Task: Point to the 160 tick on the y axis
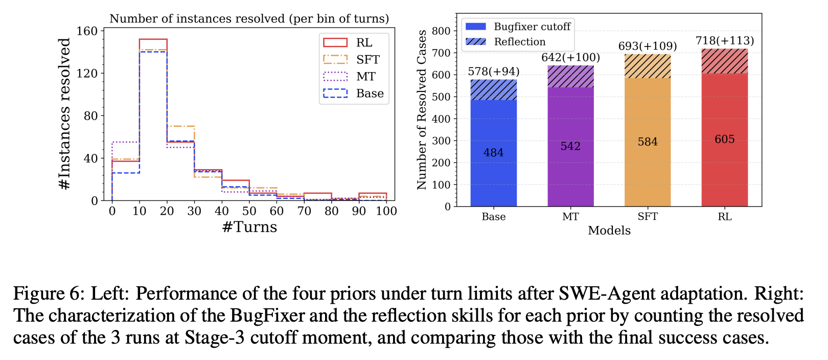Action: click(x=87, y=31)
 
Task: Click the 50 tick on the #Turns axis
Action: click(x=249, y=211)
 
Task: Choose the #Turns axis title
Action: click(x=249, y=227)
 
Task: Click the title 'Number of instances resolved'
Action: click(x=249, y=19)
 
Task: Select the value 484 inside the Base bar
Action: click(x=493, y=152)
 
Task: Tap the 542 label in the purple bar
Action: click(x=570, y=146)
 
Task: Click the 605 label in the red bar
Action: click(x=724, y=139)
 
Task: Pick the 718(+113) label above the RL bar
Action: click(x=724, y=40)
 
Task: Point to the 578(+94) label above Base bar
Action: click(x=493, y=72)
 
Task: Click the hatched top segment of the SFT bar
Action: click(x=648, y=66)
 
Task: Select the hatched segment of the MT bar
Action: click(x=570, y=77)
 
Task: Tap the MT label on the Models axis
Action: click(x=570, y=217)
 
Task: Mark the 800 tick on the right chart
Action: click(x=441, y=31)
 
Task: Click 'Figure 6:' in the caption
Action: click(x=48, y=294)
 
